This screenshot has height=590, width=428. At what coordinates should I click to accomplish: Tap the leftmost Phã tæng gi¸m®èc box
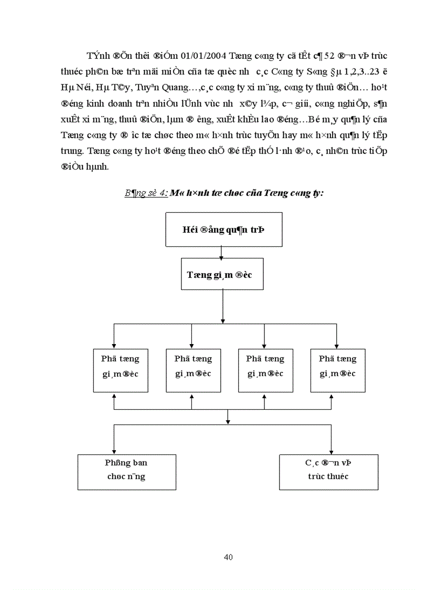pos(121,366)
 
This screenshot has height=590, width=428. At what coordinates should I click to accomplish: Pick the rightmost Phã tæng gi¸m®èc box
pos(338,366)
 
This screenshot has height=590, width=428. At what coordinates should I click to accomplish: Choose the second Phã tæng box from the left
pos(193,366)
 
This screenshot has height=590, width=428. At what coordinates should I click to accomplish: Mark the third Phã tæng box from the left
pos(265,366)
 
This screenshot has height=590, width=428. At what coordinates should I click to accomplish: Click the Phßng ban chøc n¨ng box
pos(126,471)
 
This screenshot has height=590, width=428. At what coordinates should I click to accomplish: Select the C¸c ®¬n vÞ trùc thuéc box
pos(329,471)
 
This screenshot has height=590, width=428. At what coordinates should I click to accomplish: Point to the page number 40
pos(228,557)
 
